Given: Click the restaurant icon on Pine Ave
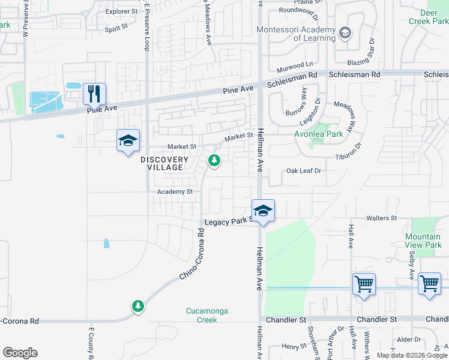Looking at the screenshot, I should click(x=94, y=94).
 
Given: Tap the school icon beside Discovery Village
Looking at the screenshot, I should click(x=128, y=140).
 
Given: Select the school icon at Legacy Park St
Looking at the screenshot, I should click(x=262, y=211).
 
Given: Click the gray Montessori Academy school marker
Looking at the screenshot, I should click(x=345, y=32).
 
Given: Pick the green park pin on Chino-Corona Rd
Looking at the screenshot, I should click(x=138, y=306).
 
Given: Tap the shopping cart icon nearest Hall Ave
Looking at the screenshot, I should click(x=364, y=284).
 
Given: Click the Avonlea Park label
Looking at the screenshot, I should click(x=318, y=134).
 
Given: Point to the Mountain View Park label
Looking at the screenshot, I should click(x=423, y=241).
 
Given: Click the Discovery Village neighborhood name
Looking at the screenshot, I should click(x=161, y=163).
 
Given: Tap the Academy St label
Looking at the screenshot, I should click(x=175, y=191).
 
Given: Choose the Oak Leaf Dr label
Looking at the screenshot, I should click(x=304, y=170).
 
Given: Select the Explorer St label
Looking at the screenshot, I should click(x=121, y=11).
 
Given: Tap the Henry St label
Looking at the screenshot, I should click(x=295, y=346).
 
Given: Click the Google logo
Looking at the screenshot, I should click(x=20, y=353).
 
